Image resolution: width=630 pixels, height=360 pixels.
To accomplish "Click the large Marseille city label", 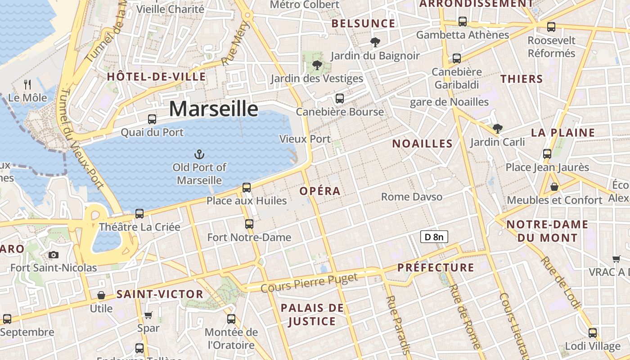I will point(214,109).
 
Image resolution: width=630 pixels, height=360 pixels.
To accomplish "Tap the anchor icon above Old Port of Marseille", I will point(199,155).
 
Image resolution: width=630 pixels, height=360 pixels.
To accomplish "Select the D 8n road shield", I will point(434,237).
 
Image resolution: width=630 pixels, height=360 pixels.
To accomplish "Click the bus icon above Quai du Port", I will point(152,119).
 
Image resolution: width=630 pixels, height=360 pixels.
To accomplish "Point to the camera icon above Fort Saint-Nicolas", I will point(54,255).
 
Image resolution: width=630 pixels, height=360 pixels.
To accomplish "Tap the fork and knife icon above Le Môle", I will point(27,84).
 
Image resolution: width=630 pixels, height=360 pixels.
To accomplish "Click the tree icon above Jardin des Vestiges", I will point(317,65).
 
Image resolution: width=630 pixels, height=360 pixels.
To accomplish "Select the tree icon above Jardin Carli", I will point(497,129).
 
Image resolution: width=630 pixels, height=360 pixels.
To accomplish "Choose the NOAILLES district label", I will point(422,144).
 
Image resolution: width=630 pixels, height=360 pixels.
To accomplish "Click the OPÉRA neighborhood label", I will point(320,191).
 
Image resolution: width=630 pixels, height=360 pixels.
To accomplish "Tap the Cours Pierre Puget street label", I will point(309,282).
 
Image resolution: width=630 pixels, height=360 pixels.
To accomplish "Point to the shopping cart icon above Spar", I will point(148,315).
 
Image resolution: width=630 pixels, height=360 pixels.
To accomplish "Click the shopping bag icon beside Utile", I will point(101,296).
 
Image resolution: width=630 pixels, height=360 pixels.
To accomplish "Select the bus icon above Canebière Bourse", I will point(340,99).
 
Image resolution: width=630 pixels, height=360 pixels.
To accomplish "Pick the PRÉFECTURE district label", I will point(436,268).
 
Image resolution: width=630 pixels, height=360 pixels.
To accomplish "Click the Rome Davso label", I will point(412,197).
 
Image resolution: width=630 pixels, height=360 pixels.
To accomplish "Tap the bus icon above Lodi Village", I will point(593,333).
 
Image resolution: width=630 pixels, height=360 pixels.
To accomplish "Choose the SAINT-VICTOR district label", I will point(160,294).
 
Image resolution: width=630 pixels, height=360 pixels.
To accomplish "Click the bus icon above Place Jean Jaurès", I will point(547,154).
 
